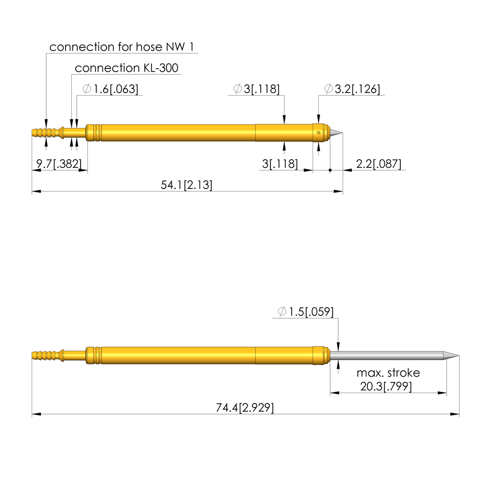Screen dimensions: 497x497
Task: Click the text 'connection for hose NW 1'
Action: (121, 47)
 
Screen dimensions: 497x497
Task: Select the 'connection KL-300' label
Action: (127, 68)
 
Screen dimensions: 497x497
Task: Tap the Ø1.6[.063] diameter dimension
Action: (110, 89)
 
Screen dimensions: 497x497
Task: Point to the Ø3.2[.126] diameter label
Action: (352, 89)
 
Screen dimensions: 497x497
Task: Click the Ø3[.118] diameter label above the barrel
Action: (256, 89)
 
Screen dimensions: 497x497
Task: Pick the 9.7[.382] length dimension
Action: (59, 164)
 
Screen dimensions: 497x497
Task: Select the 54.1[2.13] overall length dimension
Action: (186, 185)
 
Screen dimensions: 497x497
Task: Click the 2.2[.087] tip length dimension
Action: (379, 164)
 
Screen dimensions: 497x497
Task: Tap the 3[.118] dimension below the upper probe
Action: (280, 164)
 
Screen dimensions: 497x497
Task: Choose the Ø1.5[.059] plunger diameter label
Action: (306, 312)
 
